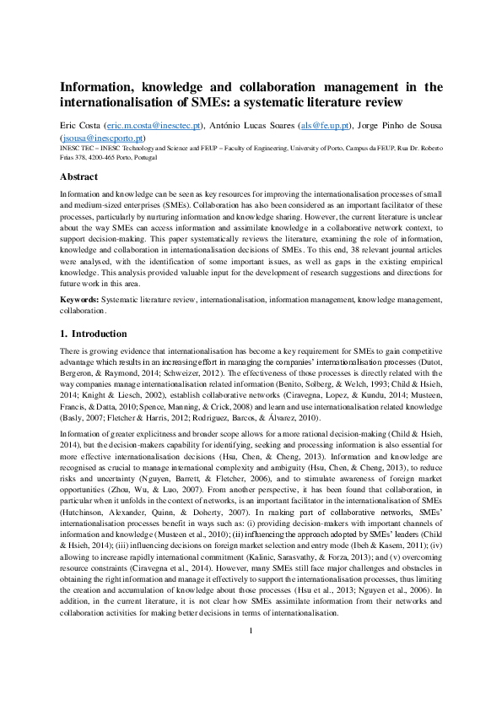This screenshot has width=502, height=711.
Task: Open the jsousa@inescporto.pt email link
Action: tap(102, 138)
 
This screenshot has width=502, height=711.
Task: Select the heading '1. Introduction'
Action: tap(93, 334)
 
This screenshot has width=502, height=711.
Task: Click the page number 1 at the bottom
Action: tap(251, 679)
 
